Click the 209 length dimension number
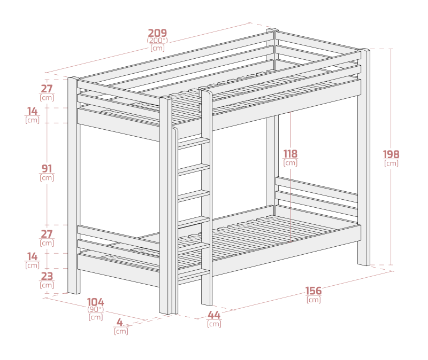click(x=157, y=33)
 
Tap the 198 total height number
click(x=391, y=154)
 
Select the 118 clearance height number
click(x=290, y=154)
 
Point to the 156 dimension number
click(x=314, y=291)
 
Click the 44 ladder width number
click(x=214, y=315)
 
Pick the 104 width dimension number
click(x=96, y=302)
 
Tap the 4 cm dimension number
click(x=120, y=323)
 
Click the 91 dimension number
click(x=47, y=169)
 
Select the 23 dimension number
click(x=47, y=276)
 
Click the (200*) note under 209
click(x=157, y=41)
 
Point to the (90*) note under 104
click(x=96, y=309)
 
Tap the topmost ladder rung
click(x=194, y=143)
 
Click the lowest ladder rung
click(x=194, y=273)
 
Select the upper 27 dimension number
click(x=47, y=89)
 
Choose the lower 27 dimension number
click(x=47, y=234)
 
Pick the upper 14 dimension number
click(x=32, y=111)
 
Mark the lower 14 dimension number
click(x=32, y=256)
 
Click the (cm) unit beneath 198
click(x=391, y=163)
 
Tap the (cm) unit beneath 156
click(x=314, y=300)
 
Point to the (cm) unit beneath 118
click(x=290, y=163)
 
